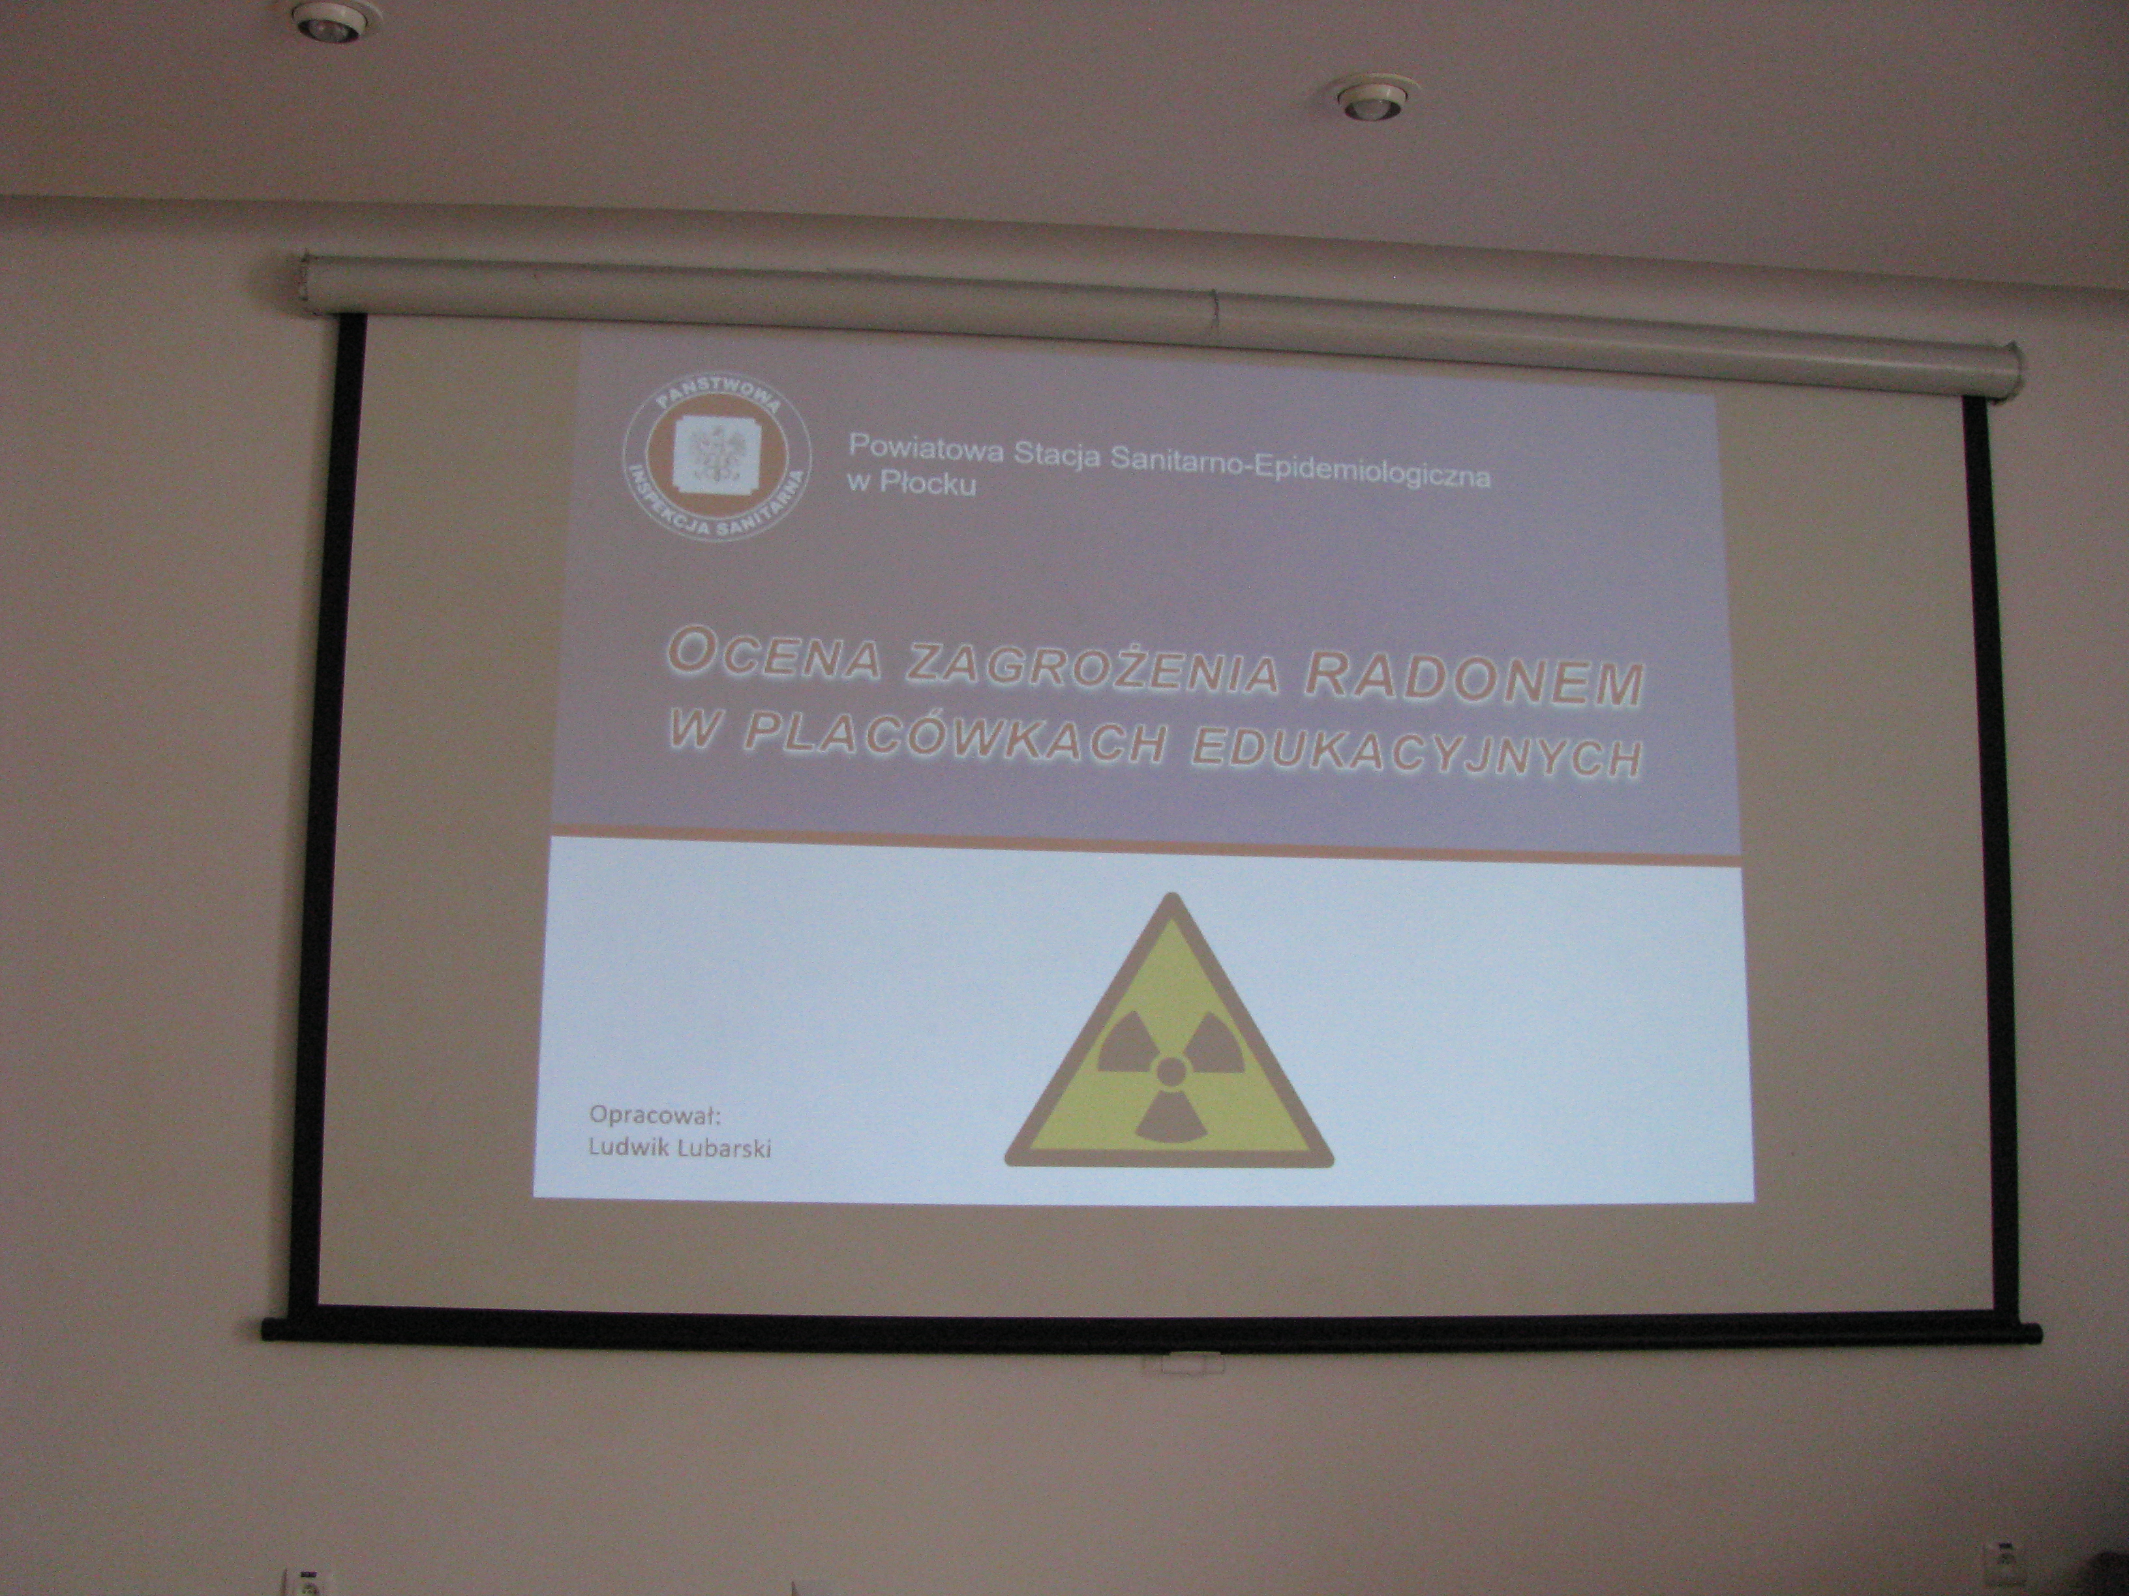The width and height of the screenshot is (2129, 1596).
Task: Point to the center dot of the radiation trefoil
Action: (x=1170, y=1069)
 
